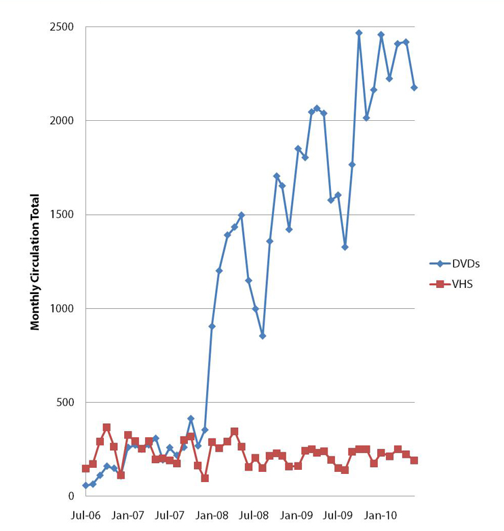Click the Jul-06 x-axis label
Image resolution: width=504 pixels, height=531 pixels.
point(85,515)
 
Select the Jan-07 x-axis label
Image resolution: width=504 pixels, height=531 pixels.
point(128,515)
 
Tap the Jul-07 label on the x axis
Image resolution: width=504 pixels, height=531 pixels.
point(170,515)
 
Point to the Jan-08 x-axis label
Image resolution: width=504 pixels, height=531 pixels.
point(212,515)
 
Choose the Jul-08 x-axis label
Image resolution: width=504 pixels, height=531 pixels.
point(255,515)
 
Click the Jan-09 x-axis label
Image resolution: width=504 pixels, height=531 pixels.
point(297,515)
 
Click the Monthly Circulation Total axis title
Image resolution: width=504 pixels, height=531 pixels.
point(35,262)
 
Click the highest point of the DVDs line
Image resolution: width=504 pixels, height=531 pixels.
point(359,33)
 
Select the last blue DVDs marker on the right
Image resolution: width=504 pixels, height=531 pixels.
point(414,88)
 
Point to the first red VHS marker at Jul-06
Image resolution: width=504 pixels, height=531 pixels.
point(85,469)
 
